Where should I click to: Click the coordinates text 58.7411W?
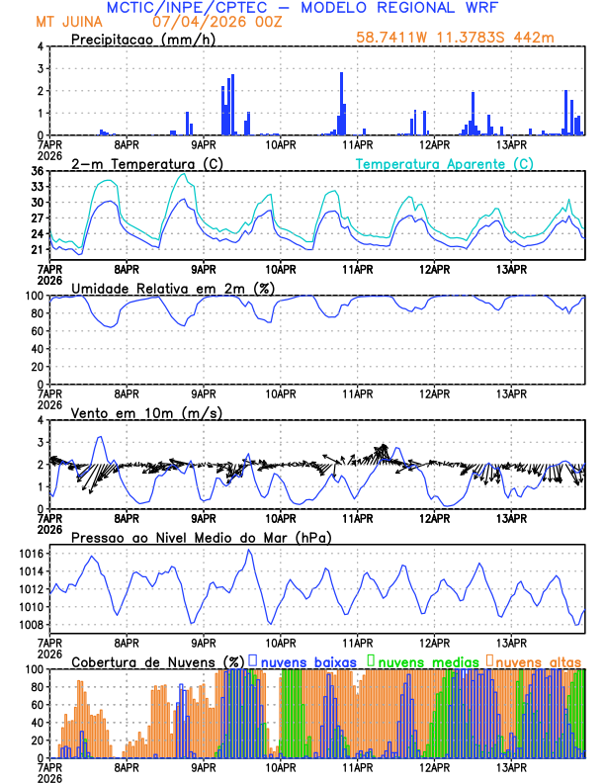pos(393,38)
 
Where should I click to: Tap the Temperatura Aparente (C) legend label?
pos(444,163)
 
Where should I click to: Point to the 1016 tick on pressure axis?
pos(30,571)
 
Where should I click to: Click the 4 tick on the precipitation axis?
pos(40,46)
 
